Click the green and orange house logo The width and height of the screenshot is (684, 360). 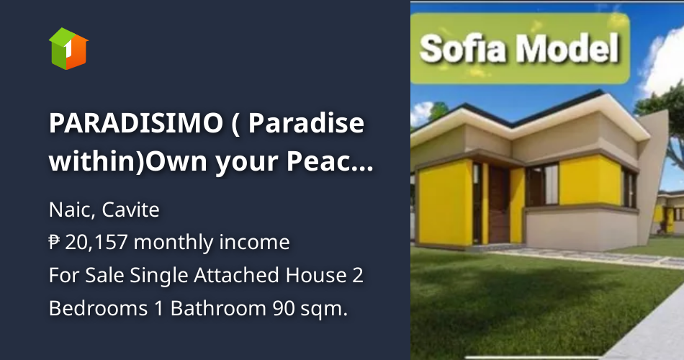pyautogui.click(x=68, y=48)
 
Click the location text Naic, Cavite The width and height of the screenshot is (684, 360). pyautogui.click(x=104, y=210)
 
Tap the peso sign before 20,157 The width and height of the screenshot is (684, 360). pyautogui.click(x=55, y=243)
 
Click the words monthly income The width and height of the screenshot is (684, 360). pyautogui.click(x=212, y=243)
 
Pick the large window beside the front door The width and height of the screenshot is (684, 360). pyautogui.click(x=542, y=185)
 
